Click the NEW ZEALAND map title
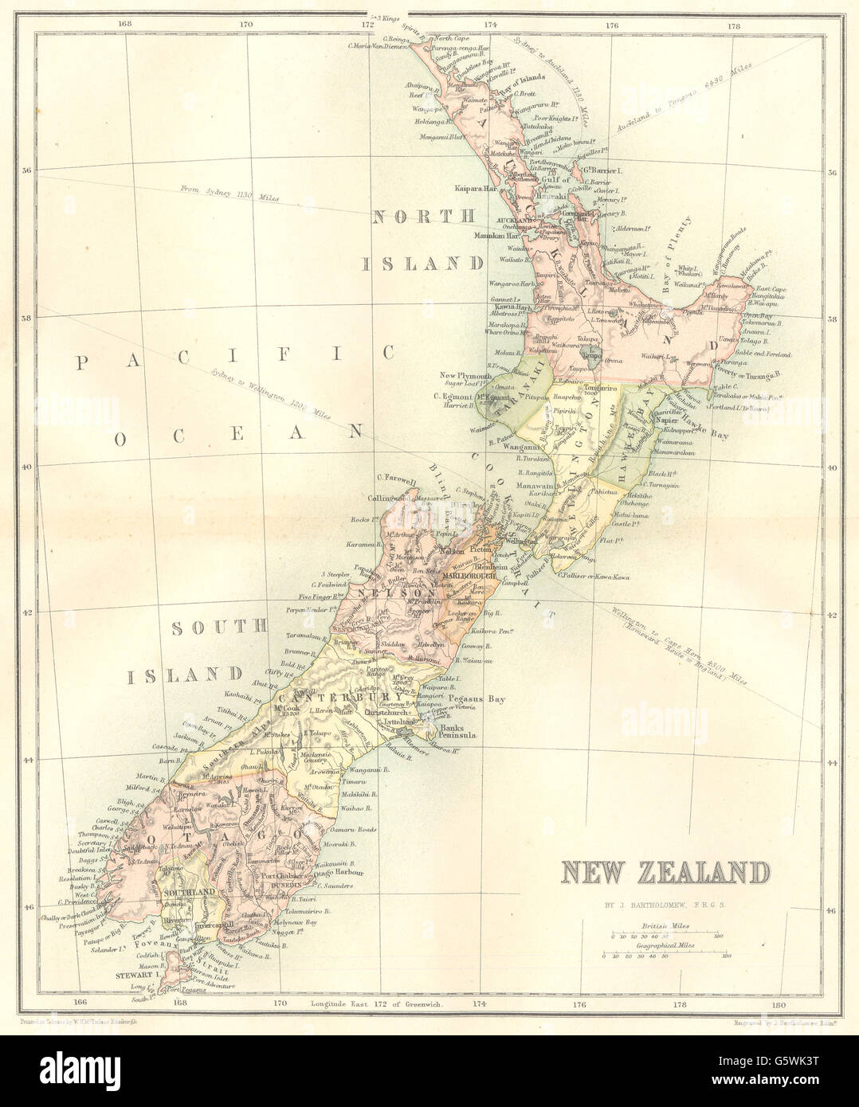pyautogui.click(x=665, y=873)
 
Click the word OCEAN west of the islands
pyautogui.click(x=235, y=434)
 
